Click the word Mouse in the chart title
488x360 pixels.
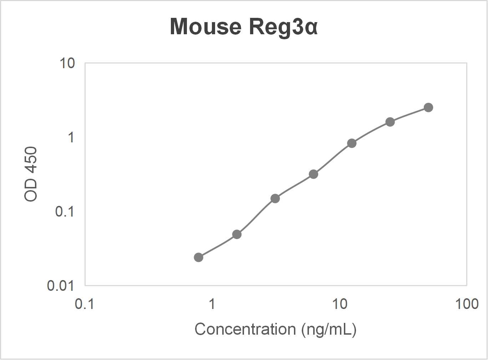point(205,27)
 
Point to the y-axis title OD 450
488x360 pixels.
point(31,174)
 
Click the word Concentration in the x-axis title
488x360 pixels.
point(245,329)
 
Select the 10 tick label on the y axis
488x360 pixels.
point(67,64)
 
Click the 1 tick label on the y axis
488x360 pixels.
point(71,137)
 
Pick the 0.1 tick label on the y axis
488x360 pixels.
point(65,212)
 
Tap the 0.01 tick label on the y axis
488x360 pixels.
point(61,285)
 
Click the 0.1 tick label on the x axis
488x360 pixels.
point(85,304)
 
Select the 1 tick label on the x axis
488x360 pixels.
point(212,304)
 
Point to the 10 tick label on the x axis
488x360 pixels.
point(339,304)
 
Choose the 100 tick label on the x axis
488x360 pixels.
point(467,304)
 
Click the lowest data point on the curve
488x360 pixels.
point(199,257)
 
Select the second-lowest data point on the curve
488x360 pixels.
point(237,234)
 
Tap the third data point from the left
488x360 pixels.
point(275,198)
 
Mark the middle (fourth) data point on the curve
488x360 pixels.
point(314,174)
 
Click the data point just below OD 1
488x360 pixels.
point(352,143)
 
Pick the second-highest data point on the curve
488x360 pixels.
point(390,122)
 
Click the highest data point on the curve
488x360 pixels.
point(428,107)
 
